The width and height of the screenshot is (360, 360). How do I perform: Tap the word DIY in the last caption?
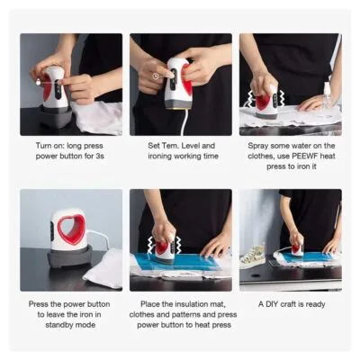[x=271, y=304]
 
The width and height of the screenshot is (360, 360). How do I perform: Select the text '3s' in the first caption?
[x=100, y=157]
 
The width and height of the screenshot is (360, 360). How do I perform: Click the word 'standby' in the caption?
[x=58, y=325]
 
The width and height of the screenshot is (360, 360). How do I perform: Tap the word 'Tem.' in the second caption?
[x=171, y=146]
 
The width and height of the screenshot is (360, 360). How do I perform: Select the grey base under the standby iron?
[x=68, y=256]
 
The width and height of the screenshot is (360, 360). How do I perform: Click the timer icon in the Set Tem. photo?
[x=156, y=76]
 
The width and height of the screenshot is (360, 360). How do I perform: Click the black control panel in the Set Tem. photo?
[x=174, y=74]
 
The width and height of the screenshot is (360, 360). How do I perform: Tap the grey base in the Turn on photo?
[x=56, y=115]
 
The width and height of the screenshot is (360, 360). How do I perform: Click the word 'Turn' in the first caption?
[x=43, y=146]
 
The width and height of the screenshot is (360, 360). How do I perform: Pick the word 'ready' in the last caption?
[x=315, y=305]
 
